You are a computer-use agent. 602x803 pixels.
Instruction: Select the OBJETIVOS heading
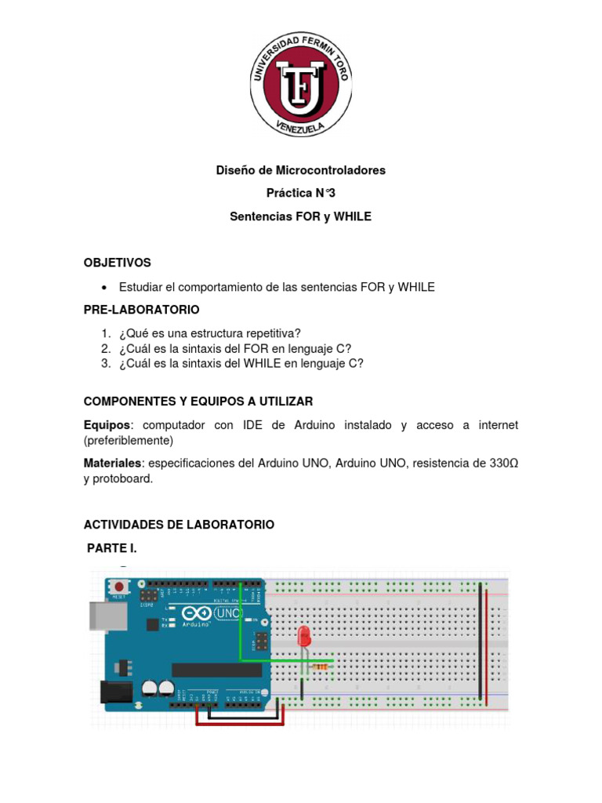[x=118, y=263]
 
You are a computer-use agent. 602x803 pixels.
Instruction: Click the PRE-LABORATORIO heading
[x=142, y=310]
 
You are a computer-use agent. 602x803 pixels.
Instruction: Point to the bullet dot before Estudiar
[x=104, y=288]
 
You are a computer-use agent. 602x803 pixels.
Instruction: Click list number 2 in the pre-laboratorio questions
[x=105, y=348]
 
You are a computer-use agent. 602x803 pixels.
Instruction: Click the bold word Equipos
[x=107, y=425]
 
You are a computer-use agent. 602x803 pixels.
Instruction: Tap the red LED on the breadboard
[x=303, y=636]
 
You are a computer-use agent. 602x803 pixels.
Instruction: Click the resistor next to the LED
[x=320, y=667]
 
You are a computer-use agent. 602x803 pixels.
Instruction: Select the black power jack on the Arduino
[x=111, y=691]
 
